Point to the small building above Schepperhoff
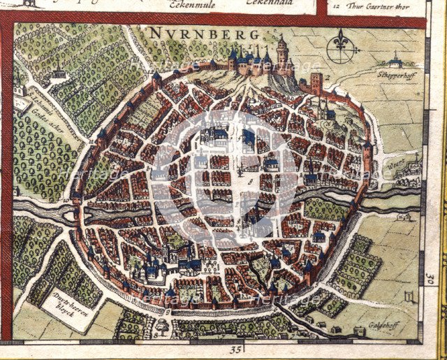click(x=396, y=59)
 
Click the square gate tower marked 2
click(x=316, y=82)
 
